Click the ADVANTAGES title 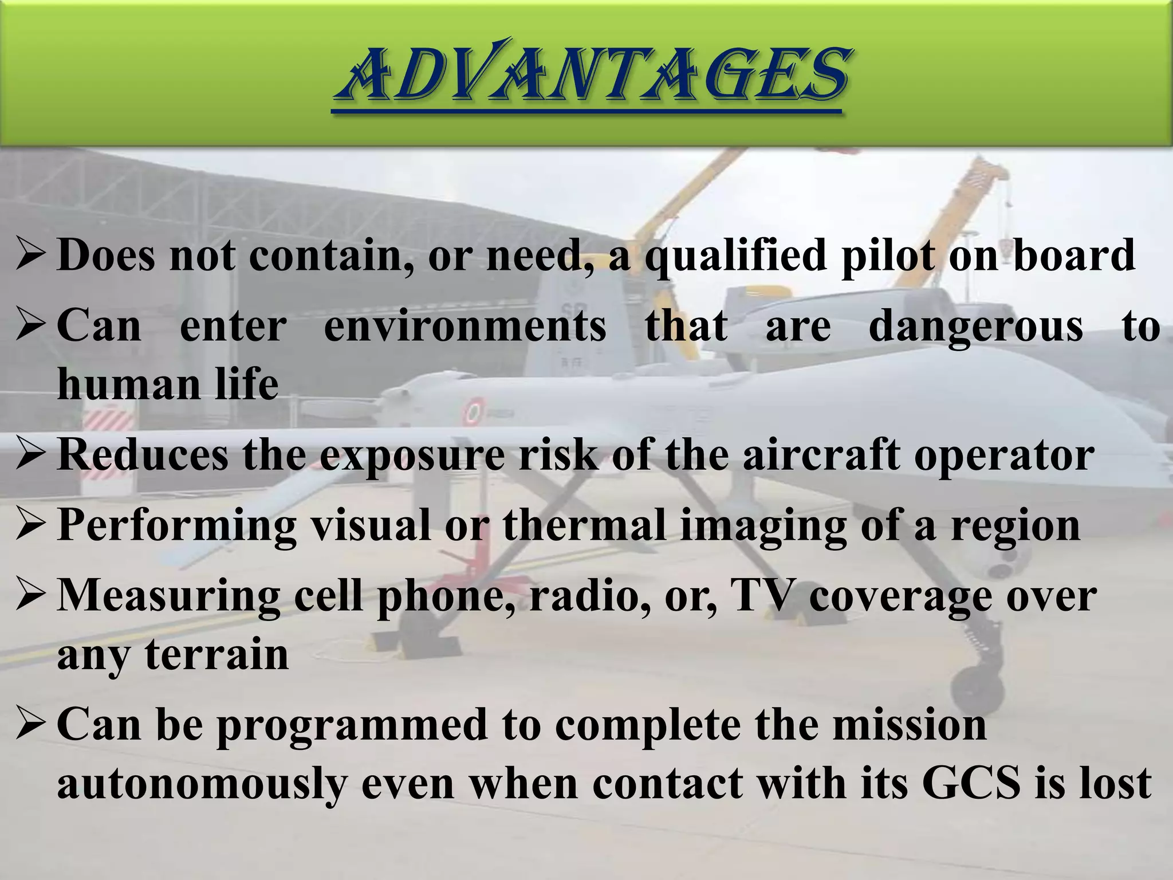tap(590, 74)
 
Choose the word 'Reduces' tap(143, 455)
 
